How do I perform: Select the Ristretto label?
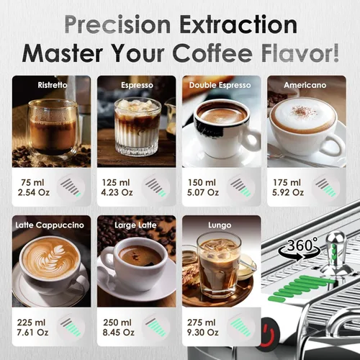pyautogui.click(x=53, y=85)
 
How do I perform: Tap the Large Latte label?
pyautogui.click(x=137, y=225)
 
